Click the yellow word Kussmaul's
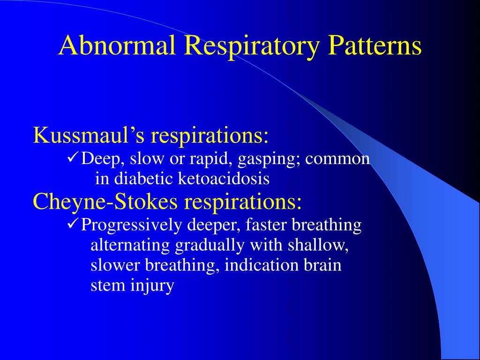pyautogui.click(x=88, y=136)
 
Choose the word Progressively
pyautogui.click(x=132, y=225)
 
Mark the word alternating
pyautogui.click(x=131, y=245)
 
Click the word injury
pyautogui.click(x=152, y=285)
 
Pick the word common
pyautogui.click(x=337, y=159)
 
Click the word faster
pyautogui.click(x=266, y=225)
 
